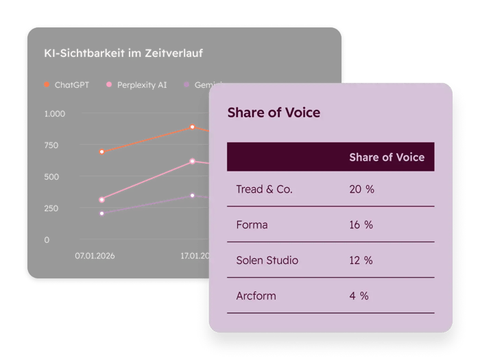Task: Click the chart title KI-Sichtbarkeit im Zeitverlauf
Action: [x=123, y=53]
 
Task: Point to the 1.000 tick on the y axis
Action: [x=55, y=114]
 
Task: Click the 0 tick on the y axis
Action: [x=47, y=240]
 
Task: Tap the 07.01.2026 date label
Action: [x=95, y=256]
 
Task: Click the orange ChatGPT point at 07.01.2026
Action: [x=102, y=152]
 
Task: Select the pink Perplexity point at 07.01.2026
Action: [x=102, y=200]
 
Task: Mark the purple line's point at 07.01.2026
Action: [x=102, y=213]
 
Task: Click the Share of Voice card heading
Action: [x=274, y=112]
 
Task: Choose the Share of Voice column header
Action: [x=386, y=157]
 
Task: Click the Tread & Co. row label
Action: [x=264, y=189]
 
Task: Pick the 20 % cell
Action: [x=361, y=189]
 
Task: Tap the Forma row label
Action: [x=252, y=225]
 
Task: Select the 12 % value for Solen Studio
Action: [x=361, y=261]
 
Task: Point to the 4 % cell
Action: [x=359, y=296]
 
